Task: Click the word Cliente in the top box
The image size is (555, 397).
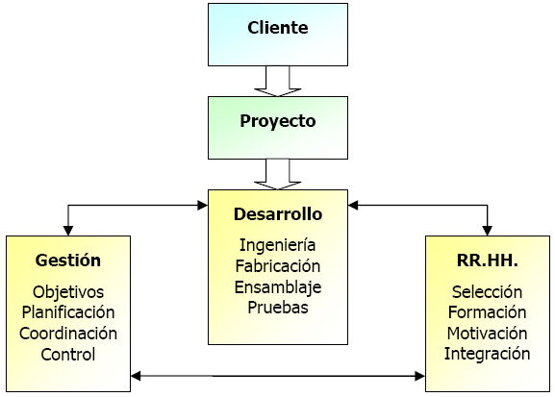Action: tap(277, 28)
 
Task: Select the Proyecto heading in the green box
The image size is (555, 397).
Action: tap(278, 121)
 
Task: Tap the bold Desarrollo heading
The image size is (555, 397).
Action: tap(278, 214)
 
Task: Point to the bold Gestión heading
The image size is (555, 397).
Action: tap(68, 261)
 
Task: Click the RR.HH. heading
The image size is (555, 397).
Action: tap(488, 261)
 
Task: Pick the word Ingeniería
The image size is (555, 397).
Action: tap(277, 245)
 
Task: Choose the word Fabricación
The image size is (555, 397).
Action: tap(278, 266)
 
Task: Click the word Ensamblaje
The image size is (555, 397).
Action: tap(278, 287)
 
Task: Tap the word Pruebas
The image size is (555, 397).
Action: tap(278, 308)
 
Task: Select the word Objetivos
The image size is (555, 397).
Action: tap(68, 292)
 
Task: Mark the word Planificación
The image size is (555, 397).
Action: tap(68, 312)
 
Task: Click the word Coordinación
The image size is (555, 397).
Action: tap(68, 334)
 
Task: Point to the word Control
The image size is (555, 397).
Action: tap(68, 354)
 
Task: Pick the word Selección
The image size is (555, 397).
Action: tap(487, 292)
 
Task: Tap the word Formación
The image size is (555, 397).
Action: tap(487, 312)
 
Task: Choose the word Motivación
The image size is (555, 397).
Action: tap(487, 334)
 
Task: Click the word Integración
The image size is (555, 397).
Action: tap(487, 354)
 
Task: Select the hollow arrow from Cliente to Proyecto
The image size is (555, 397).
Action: tap(277, 82)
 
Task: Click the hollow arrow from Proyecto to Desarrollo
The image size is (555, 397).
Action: tap(277, 174)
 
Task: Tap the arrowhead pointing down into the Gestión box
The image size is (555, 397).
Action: tap(68, 231)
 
